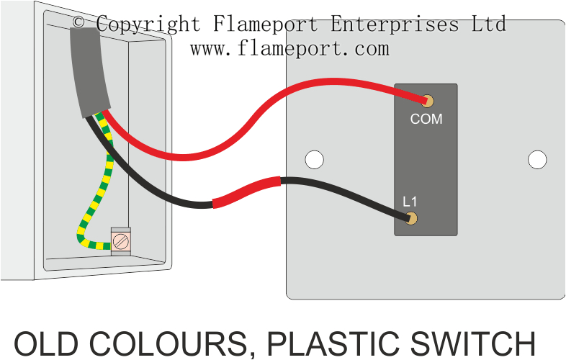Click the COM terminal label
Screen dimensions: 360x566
click(x=426, y=120)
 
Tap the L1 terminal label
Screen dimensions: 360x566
click(x=410, y=201)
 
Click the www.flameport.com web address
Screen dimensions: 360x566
click(x=289, y=49)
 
